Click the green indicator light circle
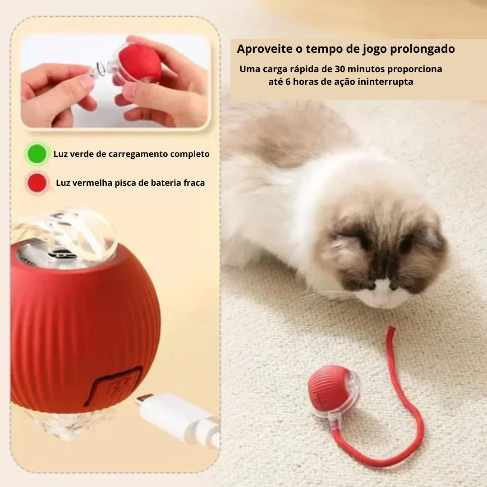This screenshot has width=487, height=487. tap(37, 154)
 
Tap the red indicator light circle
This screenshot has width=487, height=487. tap(37, 183)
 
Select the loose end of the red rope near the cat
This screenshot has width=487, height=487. tap(391, 331)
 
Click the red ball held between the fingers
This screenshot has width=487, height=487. tap(142, 63)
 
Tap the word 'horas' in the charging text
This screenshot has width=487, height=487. tap(311, 82)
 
